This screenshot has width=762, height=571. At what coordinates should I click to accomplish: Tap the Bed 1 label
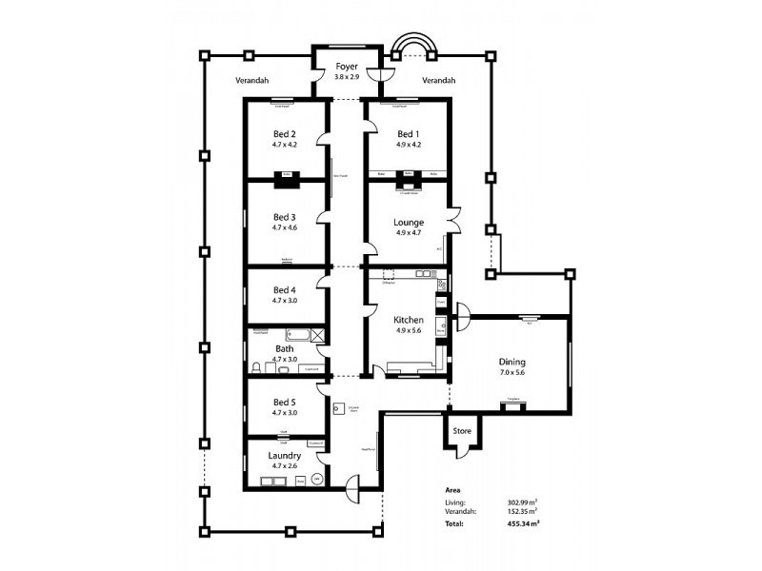click(407, 134)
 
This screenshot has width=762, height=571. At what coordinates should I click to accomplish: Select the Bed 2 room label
click(285, 134)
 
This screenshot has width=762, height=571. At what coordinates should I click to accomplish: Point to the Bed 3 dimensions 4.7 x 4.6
click(285, 228)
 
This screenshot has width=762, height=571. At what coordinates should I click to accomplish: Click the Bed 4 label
click(285, 290)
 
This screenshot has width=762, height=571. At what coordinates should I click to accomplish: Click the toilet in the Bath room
click(257, 367)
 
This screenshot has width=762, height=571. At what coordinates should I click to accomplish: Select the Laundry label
click(285, 456)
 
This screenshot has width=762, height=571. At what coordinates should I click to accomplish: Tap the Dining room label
click(512, 363)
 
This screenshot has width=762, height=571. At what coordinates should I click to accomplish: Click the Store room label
click(462, 432)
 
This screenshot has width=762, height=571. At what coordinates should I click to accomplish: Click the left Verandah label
click(251, 81)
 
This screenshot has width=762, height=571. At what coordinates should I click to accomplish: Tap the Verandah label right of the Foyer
click(438, 81)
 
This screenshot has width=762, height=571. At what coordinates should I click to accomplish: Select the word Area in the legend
click(453, 490)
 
